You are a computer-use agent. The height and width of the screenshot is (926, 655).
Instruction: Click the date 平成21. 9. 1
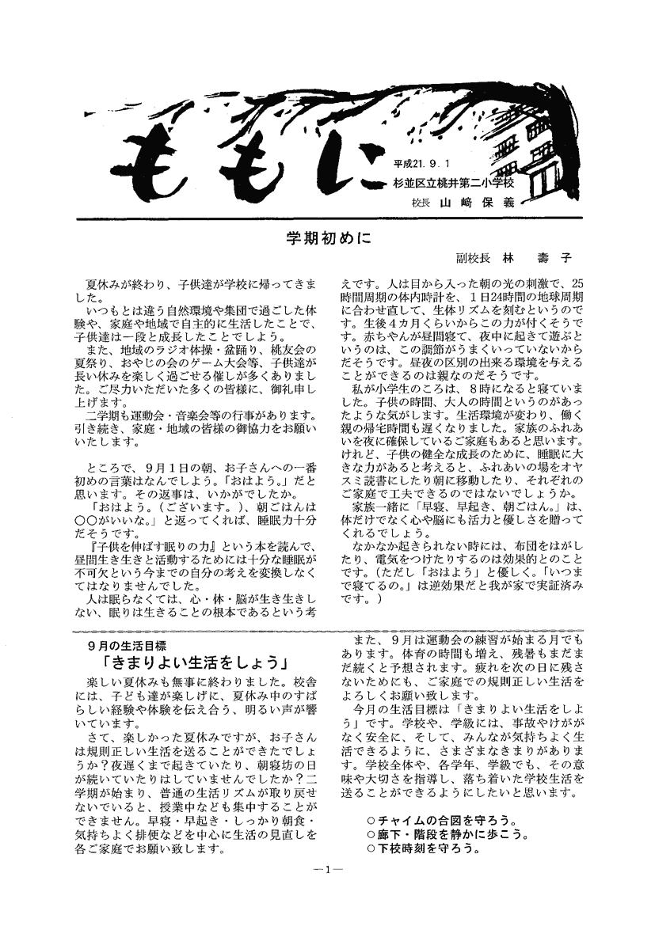point(432,165)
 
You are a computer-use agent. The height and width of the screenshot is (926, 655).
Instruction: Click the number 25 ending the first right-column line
point(577,283)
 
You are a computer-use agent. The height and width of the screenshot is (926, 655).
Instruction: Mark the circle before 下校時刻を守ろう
point(371,848)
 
